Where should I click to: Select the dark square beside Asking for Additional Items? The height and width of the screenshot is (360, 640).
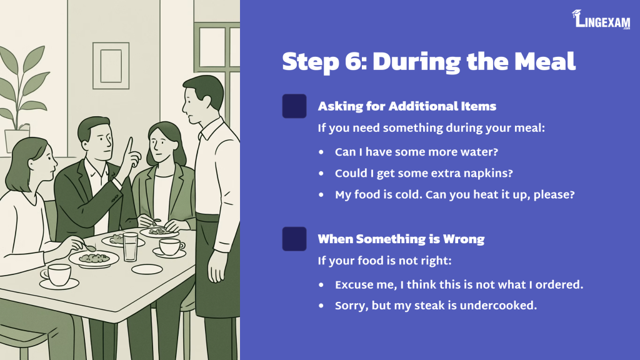294,106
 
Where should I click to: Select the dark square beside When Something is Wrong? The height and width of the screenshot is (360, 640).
294,239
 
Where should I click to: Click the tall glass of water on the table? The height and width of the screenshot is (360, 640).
131,247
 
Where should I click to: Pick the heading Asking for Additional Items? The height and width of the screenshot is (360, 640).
407,106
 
